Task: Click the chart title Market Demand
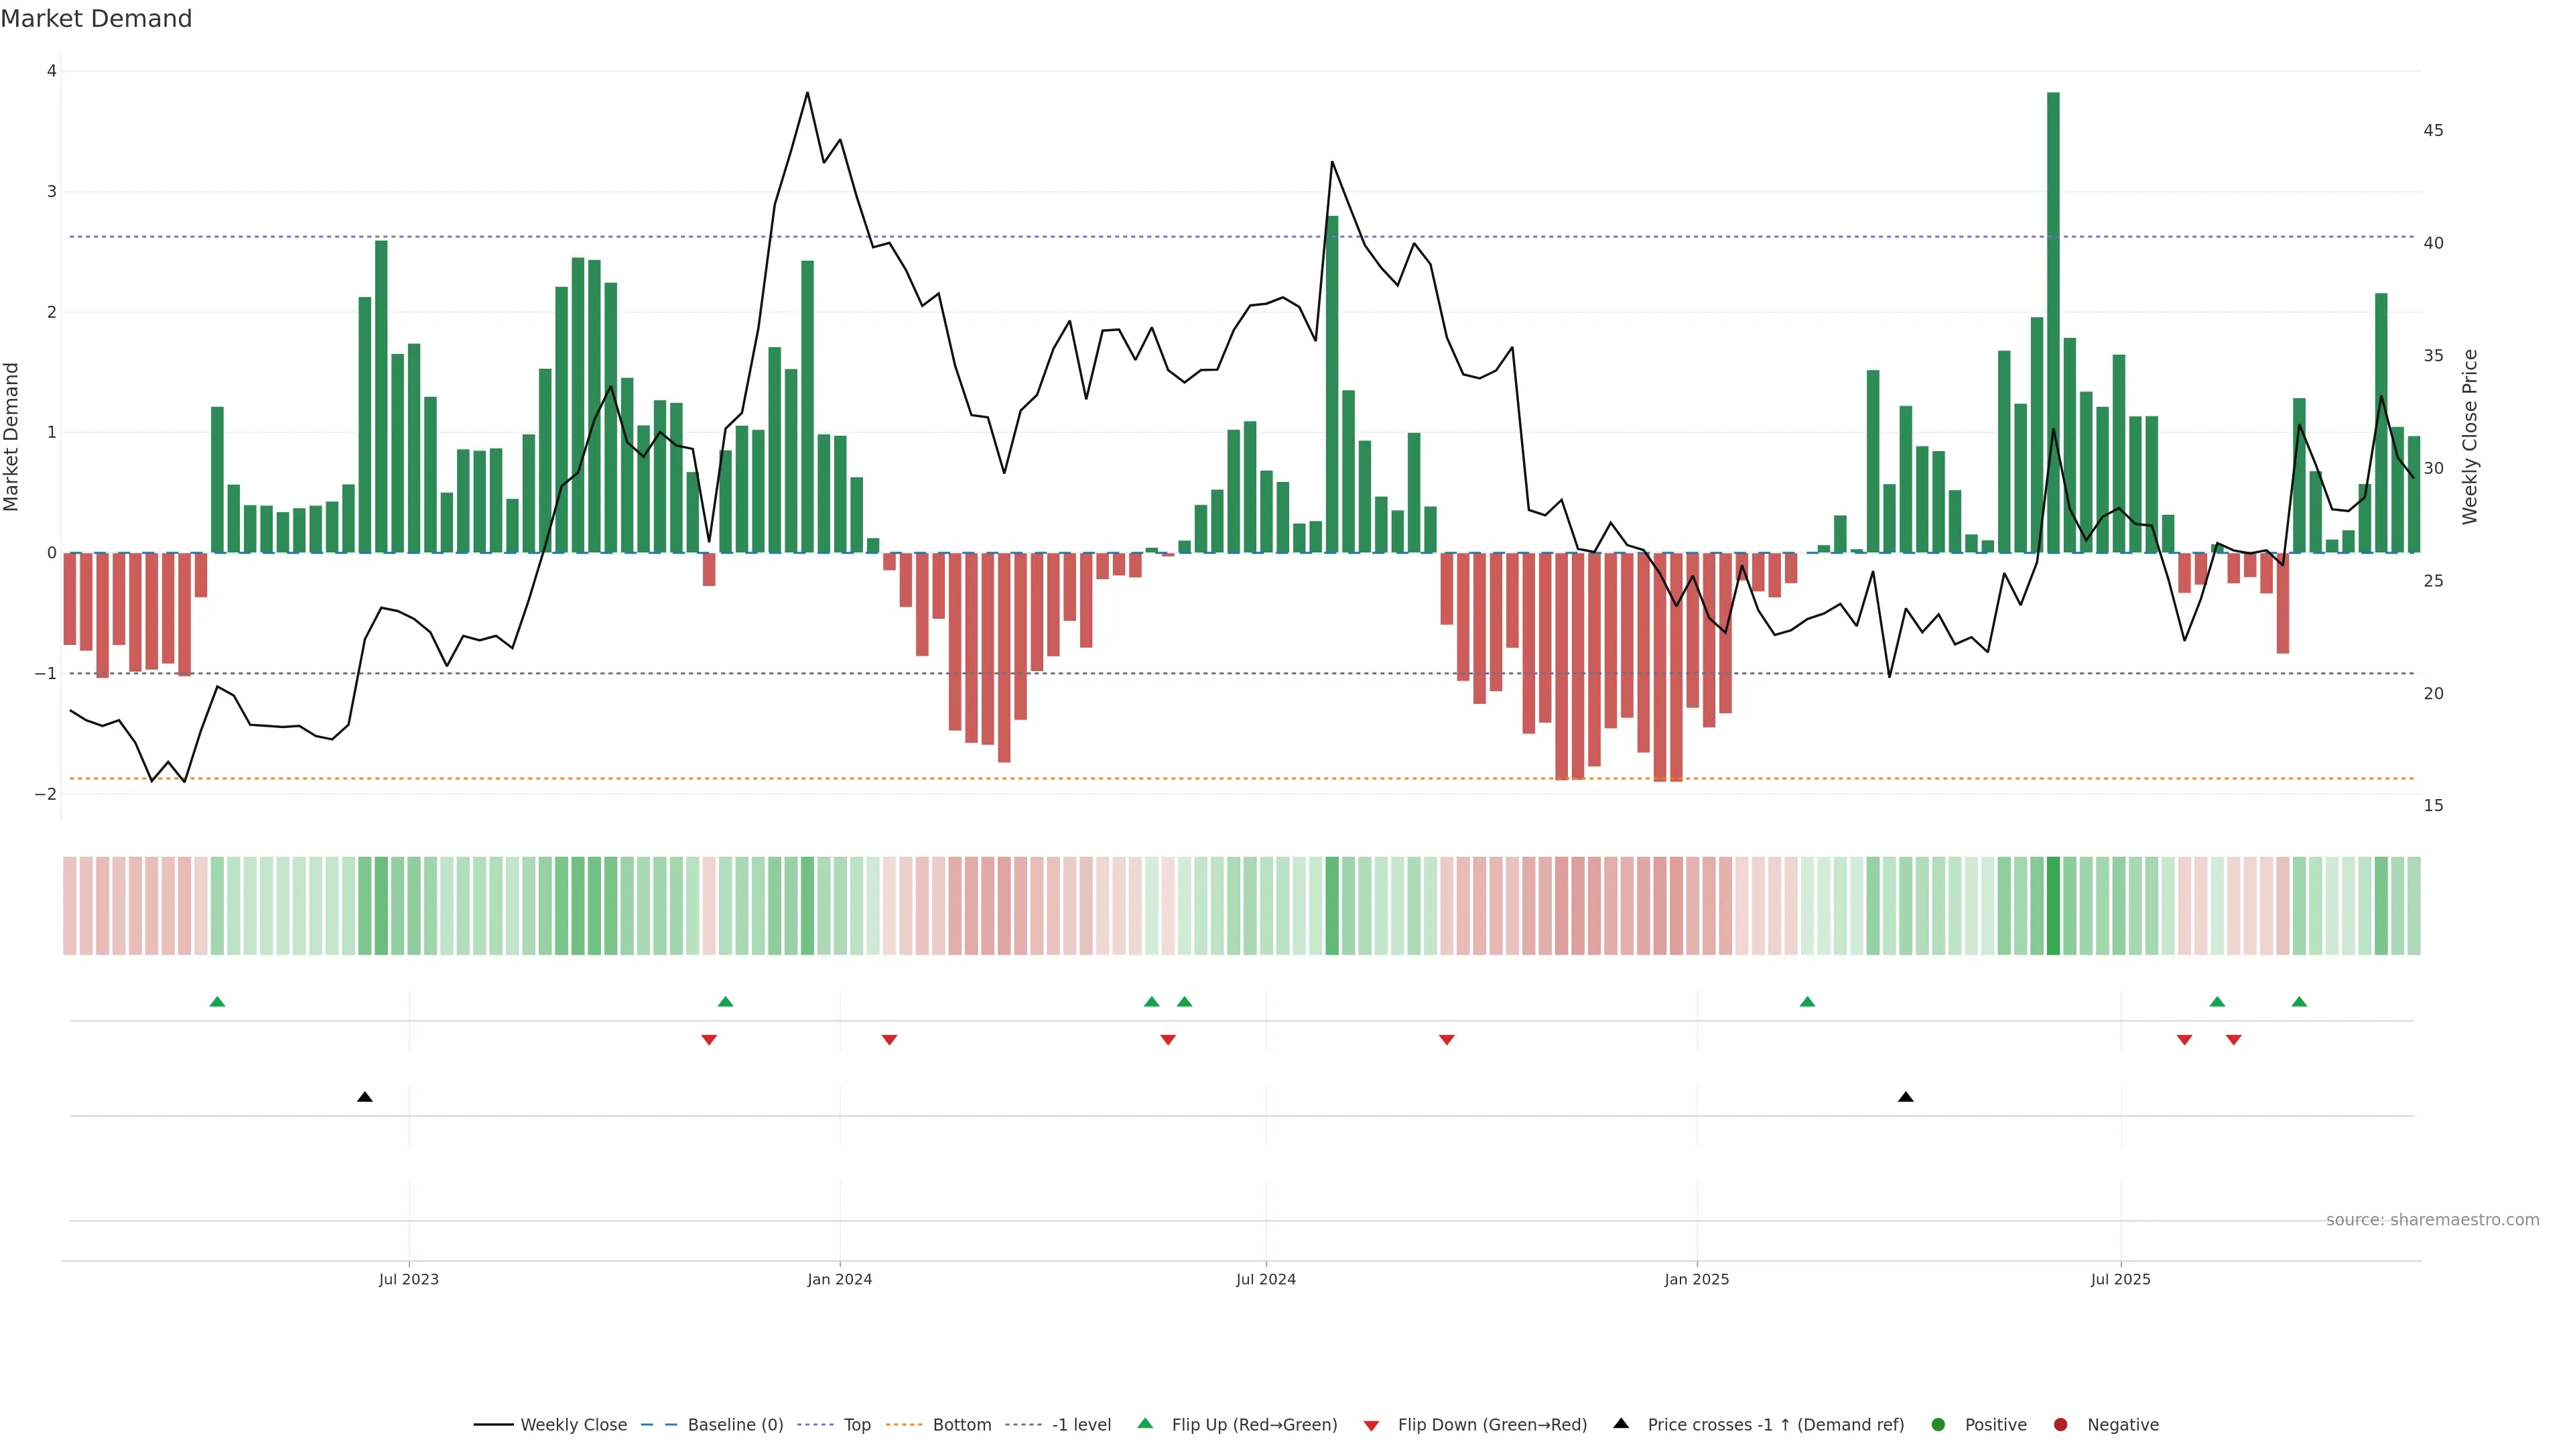click(96, 19)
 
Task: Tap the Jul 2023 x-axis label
click(409, 1279)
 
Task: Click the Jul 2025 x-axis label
click(2121, 1279)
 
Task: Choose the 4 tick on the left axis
click(52, 71)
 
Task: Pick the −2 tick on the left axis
click(46, 794)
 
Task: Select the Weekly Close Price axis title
click(2469, 436)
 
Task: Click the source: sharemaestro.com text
click(2432, 1220)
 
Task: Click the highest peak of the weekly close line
click(807, 93)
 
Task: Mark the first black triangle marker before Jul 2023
click(365, 1097)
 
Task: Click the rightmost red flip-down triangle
click(2233, 1040)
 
